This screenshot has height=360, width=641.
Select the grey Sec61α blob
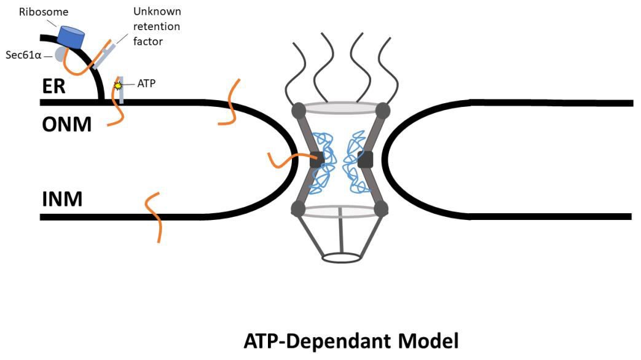(x=60, y=54)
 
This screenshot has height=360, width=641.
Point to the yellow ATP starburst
(x=118, y=86)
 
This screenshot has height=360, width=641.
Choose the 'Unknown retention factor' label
(x=157, y=27)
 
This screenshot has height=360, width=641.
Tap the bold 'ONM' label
(x=66, y=124)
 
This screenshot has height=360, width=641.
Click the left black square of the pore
(x=317, y=159)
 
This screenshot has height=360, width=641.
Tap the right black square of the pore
(x=366, y=159)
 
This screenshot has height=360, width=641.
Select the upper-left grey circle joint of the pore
(x=298, y=111)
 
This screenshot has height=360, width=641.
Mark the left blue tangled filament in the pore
(x=323, y=160)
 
